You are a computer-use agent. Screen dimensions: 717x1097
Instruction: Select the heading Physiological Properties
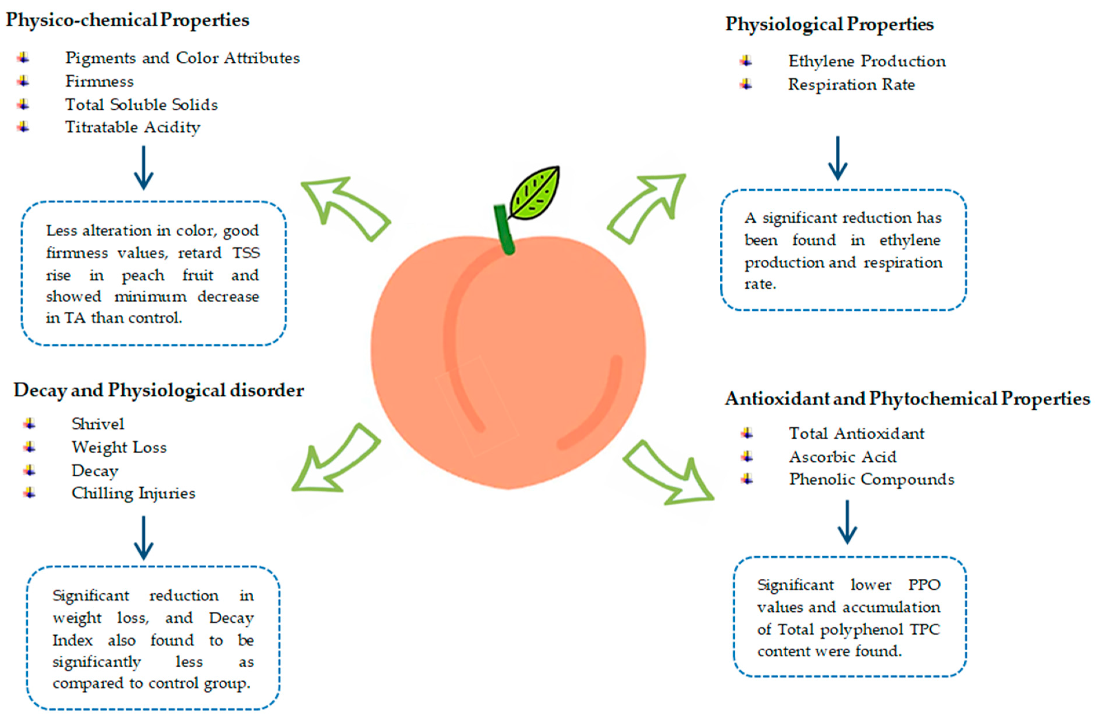(x=829, y=24)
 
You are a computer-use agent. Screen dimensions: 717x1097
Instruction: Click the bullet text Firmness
(x=100, y=82)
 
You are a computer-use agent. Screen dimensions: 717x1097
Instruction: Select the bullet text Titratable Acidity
(x=133, y=127)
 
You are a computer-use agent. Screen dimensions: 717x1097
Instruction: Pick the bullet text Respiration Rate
(x=851, y=85)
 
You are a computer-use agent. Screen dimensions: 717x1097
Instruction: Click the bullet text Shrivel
(x=98, y=424)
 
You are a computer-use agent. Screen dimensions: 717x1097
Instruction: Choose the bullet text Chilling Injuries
(x=133, y=493)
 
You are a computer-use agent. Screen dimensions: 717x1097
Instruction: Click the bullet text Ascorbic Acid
(x=843, y=457)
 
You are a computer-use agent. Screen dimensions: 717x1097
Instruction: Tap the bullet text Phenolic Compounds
(x=871, y=479)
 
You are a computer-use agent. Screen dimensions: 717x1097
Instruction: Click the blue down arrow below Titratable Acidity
(x=143, y=168)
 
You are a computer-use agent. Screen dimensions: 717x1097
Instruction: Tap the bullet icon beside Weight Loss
(x=30, y=447)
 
